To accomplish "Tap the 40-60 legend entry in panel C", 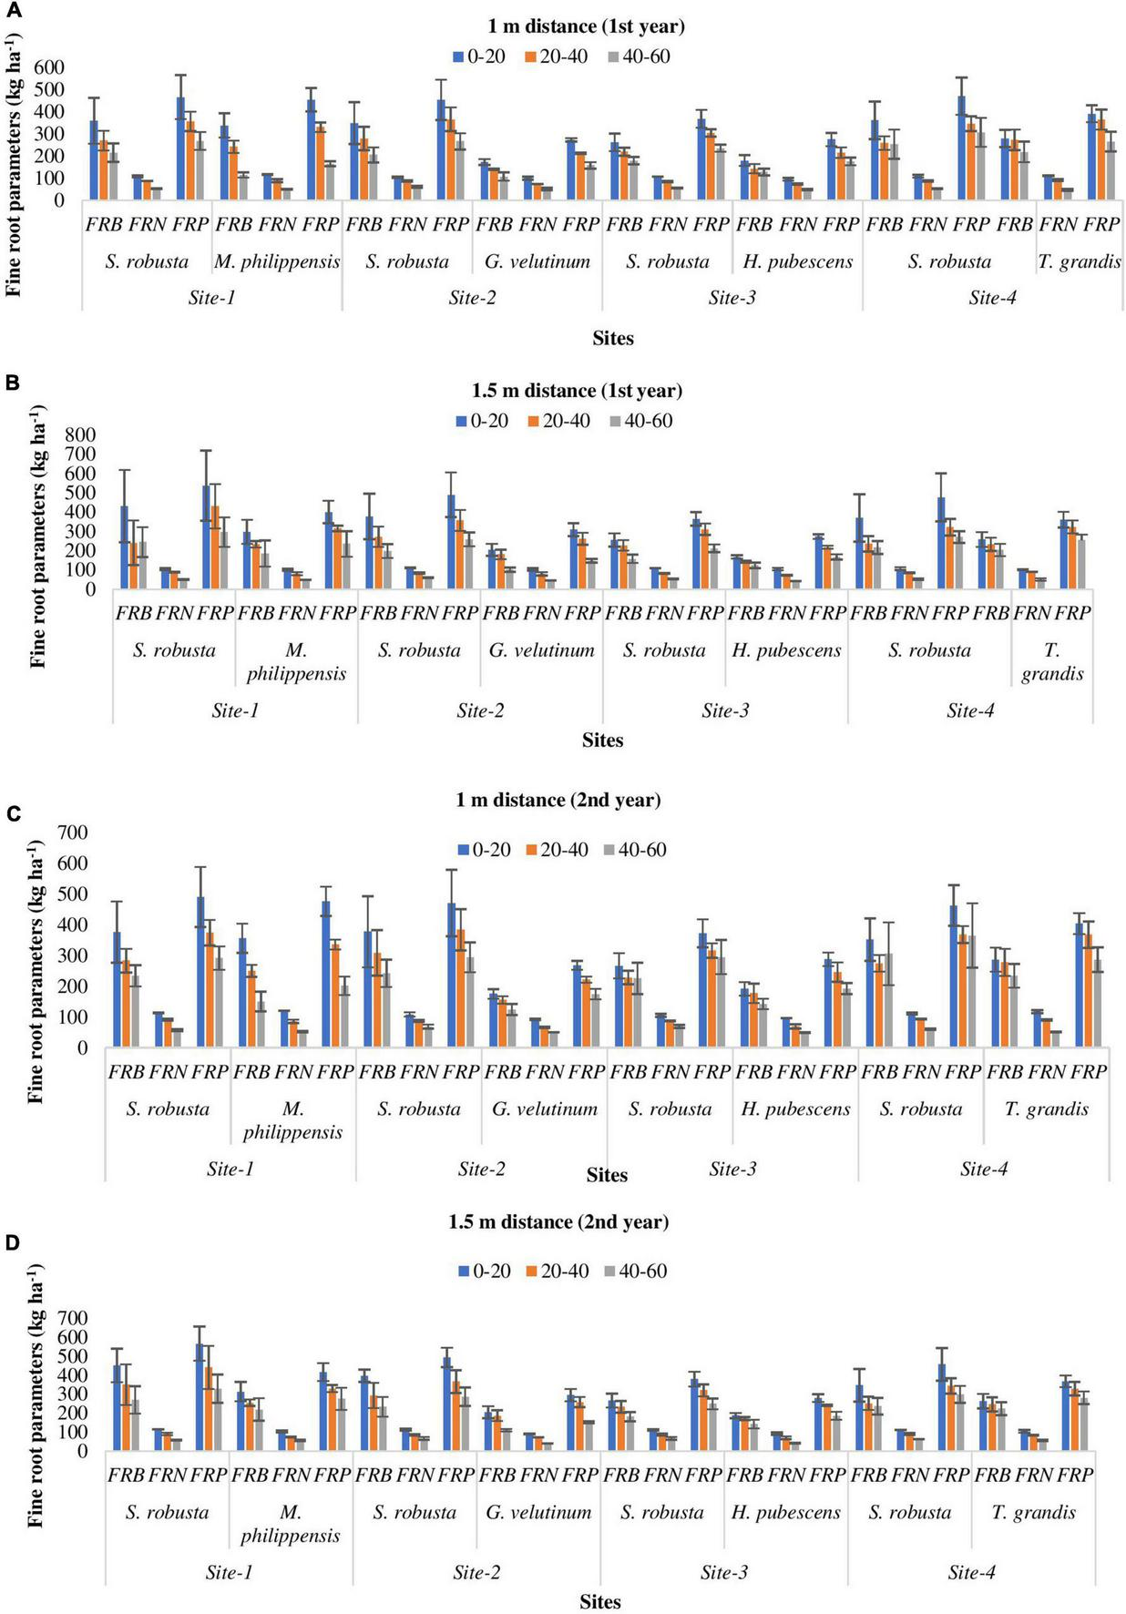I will (634, 850).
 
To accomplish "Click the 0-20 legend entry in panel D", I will (483, 1271).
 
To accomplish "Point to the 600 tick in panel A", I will (49, 67).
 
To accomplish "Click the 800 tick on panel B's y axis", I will (79, 434).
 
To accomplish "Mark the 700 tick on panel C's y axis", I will (73, 832).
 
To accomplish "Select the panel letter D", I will (13, 1244).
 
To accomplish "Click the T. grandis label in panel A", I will (1079, 261).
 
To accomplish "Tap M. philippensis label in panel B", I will (296, 662).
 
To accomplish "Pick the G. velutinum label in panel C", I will (545, 1108).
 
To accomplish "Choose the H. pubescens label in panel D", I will (785, 1512).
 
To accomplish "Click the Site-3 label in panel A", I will (732, 298).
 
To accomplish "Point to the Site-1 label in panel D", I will (229, 1572).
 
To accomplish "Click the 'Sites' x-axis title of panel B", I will (602, 741).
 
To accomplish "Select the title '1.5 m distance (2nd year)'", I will (558, 1221).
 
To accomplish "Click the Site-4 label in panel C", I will (983, 1169).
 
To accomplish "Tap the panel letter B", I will (13, 383).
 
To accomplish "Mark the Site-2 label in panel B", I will (480, 710).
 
